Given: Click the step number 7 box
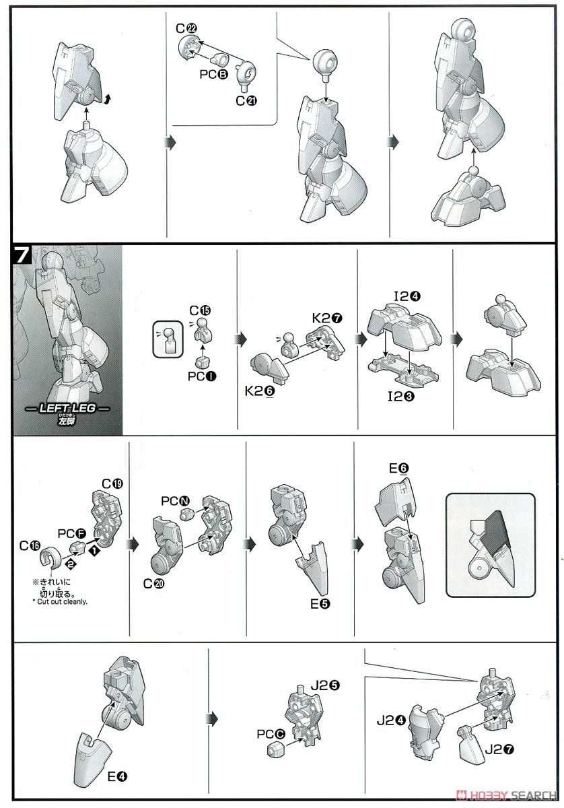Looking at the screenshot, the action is coord(22,255).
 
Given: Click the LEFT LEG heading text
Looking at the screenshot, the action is coord(67,408).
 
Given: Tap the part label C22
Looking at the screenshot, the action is coord(186,28).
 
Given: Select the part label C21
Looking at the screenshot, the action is coord(246,100).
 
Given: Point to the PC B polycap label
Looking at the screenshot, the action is coord(214,74).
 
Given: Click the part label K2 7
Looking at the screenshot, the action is coord(327,318).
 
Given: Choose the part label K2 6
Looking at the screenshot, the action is coord(260,391).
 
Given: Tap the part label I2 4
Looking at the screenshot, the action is coord(407,296).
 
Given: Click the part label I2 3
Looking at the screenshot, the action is coord(401,397).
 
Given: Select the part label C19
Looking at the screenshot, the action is coord(112,483).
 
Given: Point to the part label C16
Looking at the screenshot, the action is coord(30,546).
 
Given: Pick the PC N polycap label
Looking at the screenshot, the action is coord(175,501).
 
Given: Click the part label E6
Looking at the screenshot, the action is coord(399,469).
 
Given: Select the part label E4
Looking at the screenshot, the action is coord(118,776).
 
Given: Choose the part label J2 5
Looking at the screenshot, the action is coord(325,685).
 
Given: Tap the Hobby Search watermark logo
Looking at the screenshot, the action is coord(506,795).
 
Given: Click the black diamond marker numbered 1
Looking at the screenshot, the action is coord(94,551).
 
